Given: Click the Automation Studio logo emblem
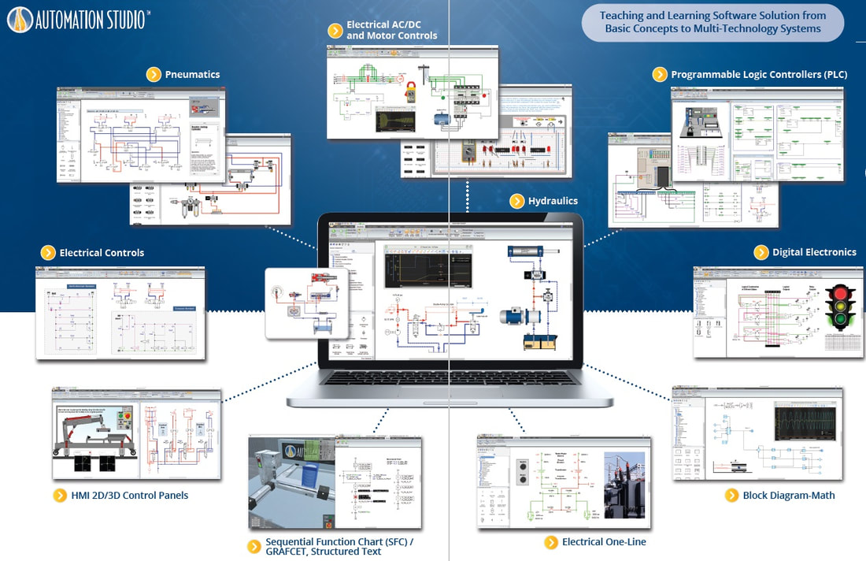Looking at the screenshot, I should click(x=20, y=20).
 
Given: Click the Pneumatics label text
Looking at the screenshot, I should click(x=192, y=75).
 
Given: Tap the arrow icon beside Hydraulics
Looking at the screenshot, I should click(x=516, y=201).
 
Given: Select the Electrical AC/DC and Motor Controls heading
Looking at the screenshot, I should click(x=391, y=31).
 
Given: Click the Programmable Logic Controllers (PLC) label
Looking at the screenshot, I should click(x=758, y=75).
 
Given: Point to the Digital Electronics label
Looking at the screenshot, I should click(x=814, y=252).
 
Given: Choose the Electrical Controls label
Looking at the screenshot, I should click(x=102, y=253).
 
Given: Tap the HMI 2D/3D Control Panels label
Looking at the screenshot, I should click(x=130, y=496).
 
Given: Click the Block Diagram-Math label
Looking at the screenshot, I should click(x=789, y=496).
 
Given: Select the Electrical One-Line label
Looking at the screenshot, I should click(x=604, y=542).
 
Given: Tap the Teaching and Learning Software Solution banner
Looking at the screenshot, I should click(x=712, y=22).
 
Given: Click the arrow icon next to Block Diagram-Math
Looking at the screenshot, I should click(x=731, y=496).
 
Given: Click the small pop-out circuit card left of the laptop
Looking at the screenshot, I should click(x=306, y=303).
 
